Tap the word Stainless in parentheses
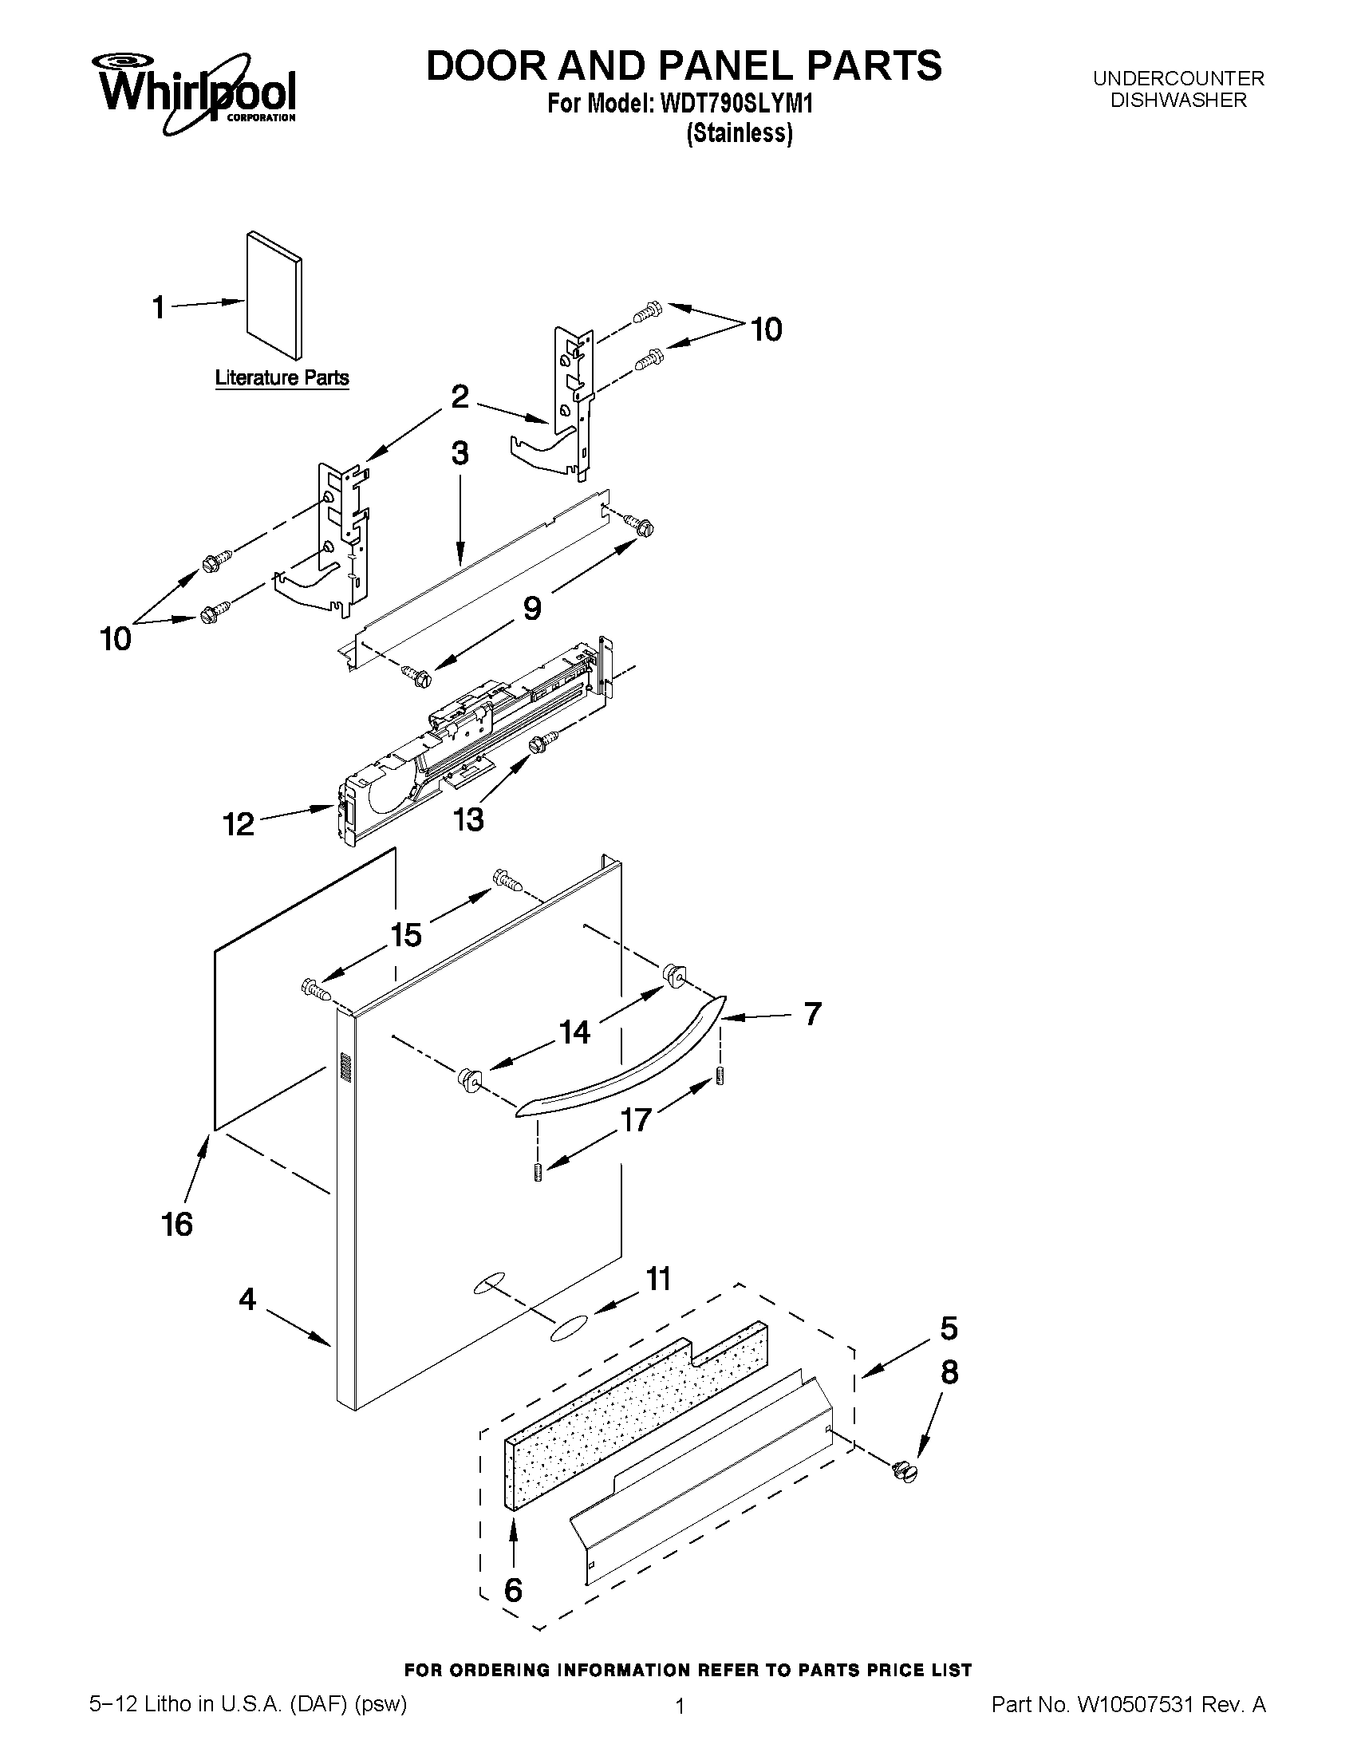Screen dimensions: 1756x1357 pyautogui.click(x=740, y=133)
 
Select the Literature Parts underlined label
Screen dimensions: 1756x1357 pyautogui.click(x=282, y=378)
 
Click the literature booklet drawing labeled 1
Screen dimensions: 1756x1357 pyautogui.click(x=274, y=295)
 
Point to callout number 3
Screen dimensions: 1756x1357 pyautogui.click(x=459, y=453)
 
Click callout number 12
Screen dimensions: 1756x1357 pyautogui.click(x=239, y=824)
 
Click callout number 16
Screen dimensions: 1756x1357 pyautogui.click(x=177, y=1225)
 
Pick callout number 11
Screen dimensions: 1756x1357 pyautogui.click(x=658, y=1278)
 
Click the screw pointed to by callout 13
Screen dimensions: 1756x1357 pyautogui.click(x=542, y=740)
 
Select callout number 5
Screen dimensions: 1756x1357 pyautogui.click(x=949, y=1328)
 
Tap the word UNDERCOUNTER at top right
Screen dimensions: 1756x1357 pyautogui.click(x=1178, y=79)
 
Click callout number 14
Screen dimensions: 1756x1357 pyautogui.click(x=575, y=1032)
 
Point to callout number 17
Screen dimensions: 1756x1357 pyautogui.click(x=636, y=1120)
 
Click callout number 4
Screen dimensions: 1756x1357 pyautogui.click(x=247, y=1299)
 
